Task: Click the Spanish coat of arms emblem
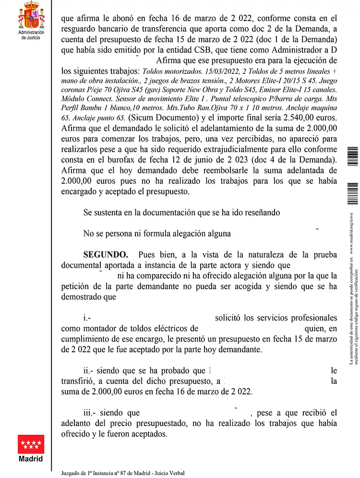click(x=31, y=15)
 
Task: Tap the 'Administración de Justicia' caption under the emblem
click(x=31, y=35)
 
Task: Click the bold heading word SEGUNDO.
click(x=106, y=254)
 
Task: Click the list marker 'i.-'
click(x=87, y=318)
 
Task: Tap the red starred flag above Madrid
click(x=31, y=444)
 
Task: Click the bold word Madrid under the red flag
click(x=31, y=459)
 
